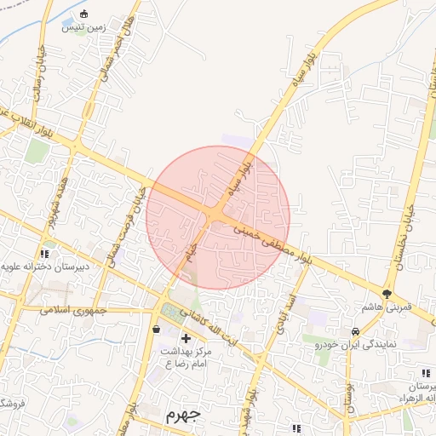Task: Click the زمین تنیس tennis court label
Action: click(83, 27)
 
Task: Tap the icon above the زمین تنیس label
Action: click(83, 14)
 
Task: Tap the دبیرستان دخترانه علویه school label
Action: click(43, 267)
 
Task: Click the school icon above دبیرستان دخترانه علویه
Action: click(43, 254)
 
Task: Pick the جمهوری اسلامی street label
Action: click(75, 310)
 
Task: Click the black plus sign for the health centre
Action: click(186, 339)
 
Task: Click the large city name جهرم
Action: click(181, 415)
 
